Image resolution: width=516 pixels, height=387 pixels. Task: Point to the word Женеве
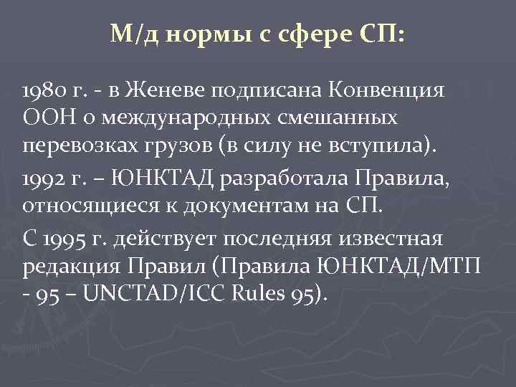pos(160,91)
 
